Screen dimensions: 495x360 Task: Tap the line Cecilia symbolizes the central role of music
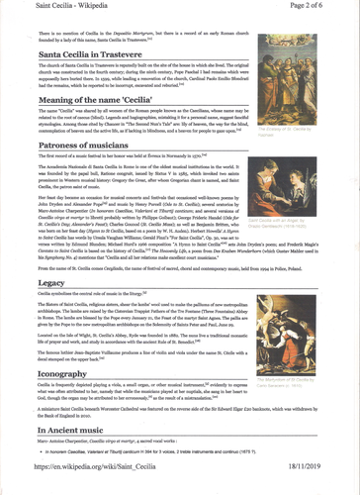pos(99,322)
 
